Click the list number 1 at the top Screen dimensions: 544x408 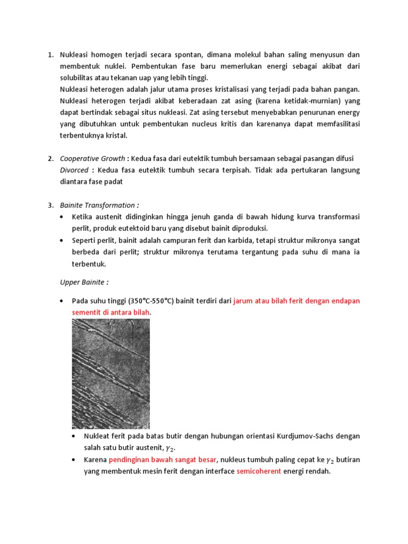50,55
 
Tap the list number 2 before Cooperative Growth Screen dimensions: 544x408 50,158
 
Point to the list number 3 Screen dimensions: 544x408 50,205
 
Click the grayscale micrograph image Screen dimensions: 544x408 111,373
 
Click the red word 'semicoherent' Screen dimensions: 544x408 259,471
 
